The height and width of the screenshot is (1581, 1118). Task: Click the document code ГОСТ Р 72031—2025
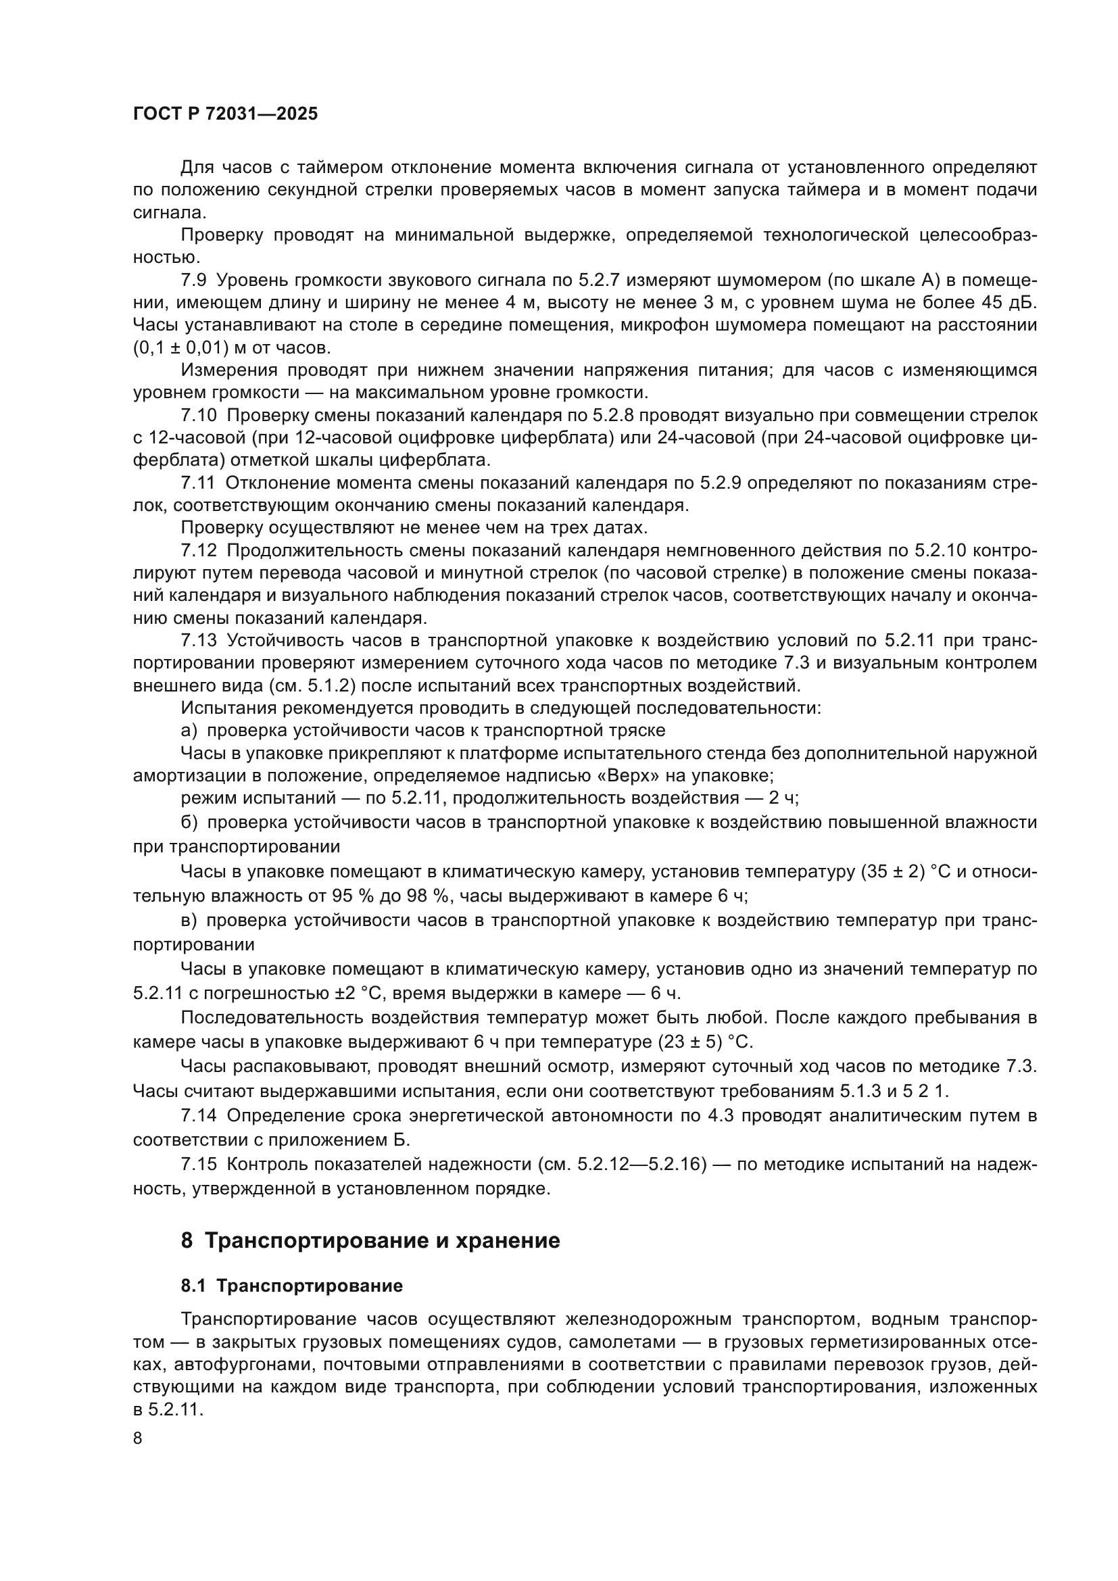point(225,114)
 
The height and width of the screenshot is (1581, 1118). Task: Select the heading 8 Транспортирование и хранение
point(370,1241)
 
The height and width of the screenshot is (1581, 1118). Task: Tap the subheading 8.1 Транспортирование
point(292,1286)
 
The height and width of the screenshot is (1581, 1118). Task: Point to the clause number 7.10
point(198,415)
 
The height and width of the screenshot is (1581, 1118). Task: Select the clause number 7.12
point(198,550)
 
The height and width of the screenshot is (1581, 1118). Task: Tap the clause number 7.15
point(198,1165)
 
